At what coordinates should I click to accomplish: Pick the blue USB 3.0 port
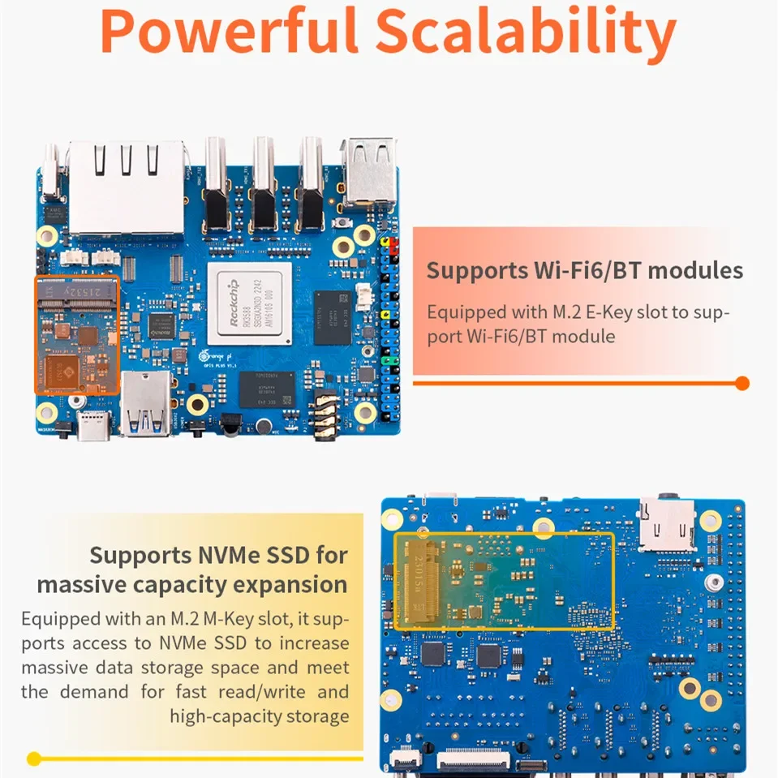(146, 405)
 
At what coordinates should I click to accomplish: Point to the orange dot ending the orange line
(741, 383)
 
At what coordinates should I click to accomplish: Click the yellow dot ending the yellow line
(33, 759)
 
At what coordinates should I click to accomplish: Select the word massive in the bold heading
(88, 584)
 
